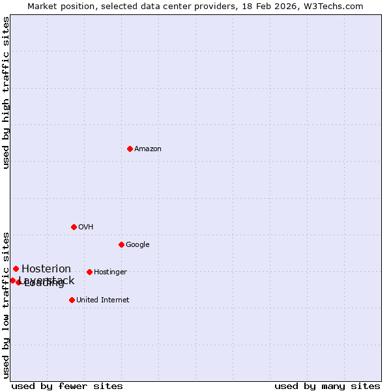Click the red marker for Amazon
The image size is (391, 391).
[130, 149]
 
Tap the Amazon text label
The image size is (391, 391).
[148, 149]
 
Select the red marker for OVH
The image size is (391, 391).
[74, 227]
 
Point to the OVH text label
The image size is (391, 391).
[86, 227]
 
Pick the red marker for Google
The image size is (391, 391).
[121, 244]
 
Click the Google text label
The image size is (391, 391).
[138, 245]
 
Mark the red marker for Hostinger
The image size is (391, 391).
[89, 272]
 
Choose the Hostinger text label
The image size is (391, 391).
[110, 272]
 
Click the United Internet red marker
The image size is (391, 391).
[72, 300]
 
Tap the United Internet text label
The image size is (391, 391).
[103, 300]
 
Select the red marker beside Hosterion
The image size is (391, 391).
[16, 268]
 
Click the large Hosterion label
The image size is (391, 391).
[46, 269]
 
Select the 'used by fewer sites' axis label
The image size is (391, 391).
[67, 386]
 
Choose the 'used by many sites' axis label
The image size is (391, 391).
[327, 386]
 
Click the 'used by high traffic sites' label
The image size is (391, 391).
[7, 93]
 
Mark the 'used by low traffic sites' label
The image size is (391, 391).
[7, 304]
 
